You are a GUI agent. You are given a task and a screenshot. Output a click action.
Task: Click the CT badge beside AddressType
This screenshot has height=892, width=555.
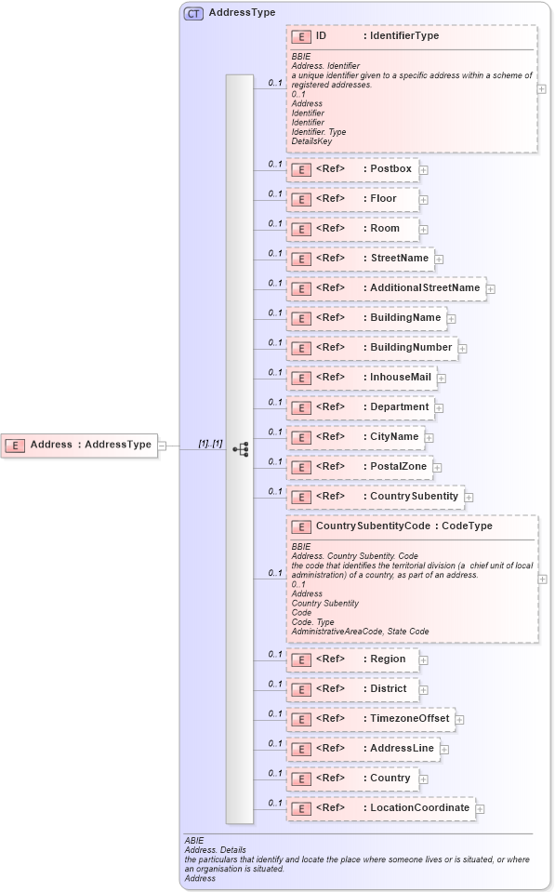193,14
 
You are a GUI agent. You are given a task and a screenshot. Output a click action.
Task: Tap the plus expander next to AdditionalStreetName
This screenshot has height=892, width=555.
491,289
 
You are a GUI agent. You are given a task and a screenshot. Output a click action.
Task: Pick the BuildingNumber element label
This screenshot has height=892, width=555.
412,348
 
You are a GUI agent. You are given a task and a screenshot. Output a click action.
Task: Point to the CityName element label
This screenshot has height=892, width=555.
394,436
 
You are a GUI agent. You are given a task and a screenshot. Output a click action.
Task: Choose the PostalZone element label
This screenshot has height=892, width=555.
399,466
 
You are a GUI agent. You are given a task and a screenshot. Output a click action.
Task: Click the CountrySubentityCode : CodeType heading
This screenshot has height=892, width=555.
404,526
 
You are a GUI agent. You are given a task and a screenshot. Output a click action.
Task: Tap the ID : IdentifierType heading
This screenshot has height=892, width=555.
377,36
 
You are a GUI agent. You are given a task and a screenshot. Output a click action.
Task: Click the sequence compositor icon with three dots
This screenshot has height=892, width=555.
240,447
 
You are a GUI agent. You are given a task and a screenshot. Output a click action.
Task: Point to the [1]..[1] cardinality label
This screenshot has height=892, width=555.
210,444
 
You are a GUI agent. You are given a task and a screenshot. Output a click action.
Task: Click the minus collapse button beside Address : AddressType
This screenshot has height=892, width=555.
163,445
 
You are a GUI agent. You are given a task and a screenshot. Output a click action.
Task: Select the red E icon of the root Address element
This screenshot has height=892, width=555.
15,446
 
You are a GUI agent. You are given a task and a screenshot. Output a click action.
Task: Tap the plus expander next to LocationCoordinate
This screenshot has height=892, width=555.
480,809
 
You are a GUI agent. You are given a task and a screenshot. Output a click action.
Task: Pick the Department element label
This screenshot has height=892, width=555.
400,406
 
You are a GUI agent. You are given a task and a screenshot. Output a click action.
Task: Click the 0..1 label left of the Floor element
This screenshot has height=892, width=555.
275,193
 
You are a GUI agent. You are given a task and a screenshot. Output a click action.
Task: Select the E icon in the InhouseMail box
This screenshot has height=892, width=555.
301,379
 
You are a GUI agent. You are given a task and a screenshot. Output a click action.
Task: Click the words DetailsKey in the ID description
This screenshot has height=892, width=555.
311,141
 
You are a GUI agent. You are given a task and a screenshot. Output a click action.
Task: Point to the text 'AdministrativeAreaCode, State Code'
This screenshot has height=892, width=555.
360,632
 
